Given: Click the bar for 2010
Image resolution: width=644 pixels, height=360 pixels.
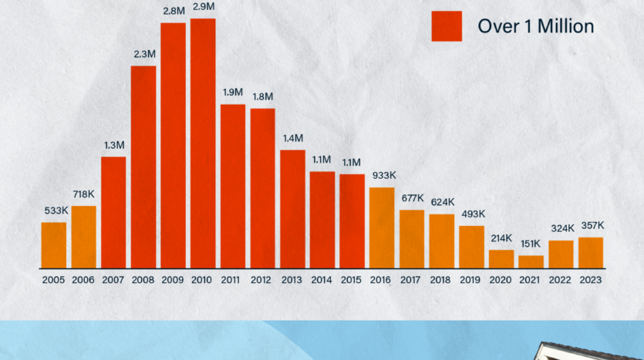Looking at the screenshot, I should (203, 143).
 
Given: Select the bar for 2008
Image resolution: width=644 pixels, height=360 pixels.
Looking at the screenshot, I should (143, 167).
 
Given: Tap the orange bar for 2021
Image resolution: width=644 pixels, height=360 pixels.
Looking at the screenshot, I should (531, 262).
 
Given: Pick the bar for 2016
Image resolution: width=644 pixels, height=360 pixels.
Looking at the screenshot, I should (382, 227).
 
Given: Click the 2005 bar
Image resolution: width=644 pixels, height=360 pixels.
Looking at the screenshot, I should (54, 245).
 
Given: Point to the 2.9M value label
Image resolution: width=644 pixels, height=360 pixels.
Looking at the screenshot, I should (203, 6).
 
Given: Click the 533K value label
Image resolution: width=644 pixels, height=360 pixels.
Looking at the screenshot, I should (54, 210).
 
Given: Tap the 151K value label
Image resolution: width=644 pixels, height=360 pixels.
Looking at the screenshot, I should (531, 244).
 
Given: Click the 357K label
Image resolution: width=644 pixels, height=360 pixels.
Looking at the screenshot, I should (591, 225).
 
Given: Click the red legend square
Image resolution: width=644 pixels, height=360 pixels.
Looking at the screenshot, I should (447, 26).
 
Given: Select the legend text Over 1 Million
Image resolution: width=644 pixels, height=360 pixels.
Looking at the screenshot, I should (536, 26).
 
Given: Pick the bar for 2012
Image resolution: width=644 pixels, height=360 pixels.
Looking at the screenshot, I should (263, 188).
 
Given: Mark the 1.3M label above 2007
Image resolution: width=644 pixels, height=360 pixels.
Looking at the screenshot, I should (113, 145).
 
